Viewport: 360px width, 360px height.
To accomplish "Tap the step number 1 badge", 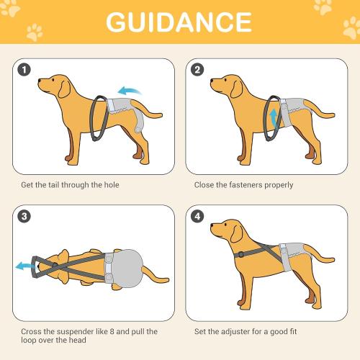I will coord(26,70).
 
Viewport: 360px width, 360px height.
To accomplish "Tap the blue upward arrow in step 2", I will coord(272,117).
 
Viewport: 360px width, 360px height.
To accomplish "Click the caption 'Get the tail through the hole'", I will coord(69,185).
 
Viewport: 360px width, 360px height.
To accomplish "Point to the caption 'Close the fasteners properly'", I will coord(243,185).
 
